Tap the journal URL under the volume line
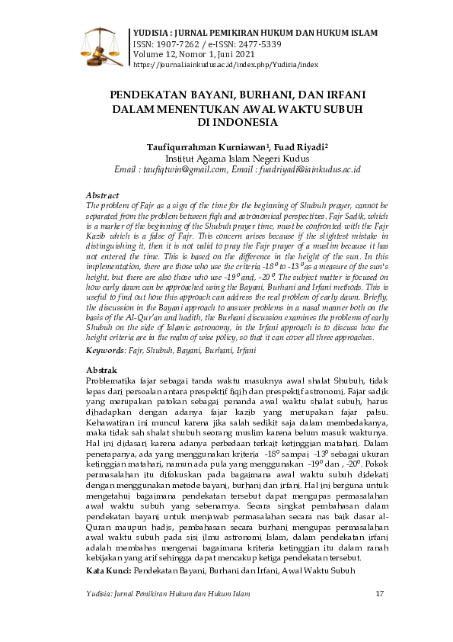(x=225, y=66)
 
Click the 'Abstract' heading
(x=104, y=196)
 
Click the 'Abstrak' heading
(x=103, y=370)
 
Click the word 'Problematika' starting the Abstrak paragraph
(x=113, y=380)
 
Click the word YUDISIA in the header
(x=152, y=34)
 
